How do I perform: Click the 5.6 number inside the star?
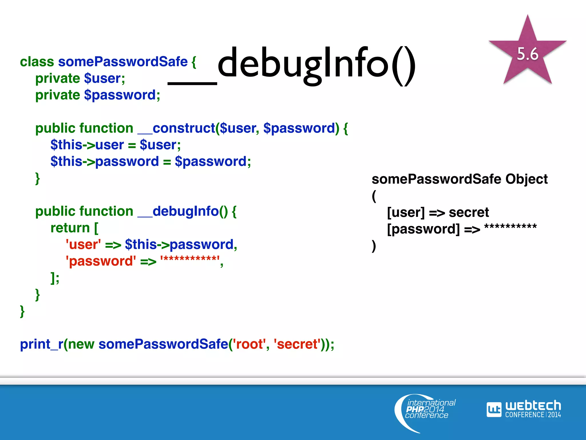click(527, 54)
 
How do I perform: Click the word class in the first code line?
click(37, 62)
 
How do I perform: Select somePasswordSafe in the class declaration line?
click(123, 62)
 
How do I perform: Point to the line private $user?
click(80, 78)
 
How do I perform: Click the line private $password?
click(98, 95)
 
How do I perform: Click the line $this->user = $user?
click(116, 145)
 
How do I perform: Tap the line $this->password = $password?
click(151, 161)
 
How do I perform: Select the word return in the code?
click(70, 228)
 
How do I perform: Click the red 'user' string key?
click(83, 244)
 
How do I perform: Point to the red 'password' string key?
click(101, 261)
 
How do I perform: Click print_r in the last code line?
click(41, 344)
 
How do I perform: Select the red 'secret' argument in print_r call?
click(297, 344)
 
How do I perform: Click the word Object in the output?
click(526, 179)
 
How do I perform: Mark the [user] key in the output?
click(406, 212)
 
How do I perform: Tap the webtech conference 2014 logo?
click(524, 409)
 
